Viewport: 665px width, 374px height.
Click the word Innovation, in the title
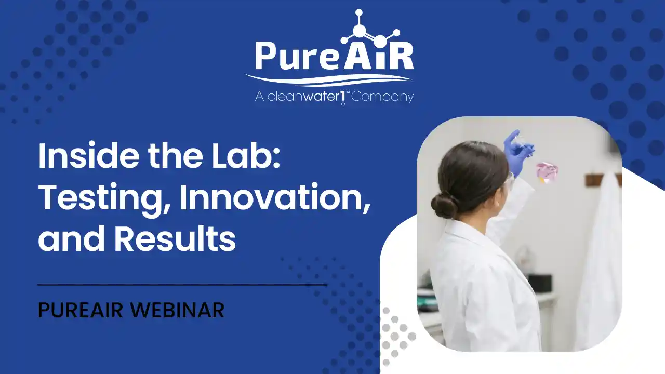275,197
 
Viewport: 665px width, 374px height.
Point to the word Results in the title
176,239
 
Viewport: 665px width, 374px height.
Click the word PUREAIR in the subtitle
81,310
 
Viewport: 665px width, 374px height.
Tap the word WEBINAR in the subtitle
177,310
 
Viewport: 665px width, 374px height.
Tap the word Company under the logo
382,97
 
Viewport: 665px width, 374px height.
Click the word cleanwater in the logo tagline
303,97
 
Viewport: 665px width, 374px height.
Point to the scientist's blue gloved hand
518,153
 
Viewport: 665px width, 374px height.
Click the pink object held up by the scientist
547,172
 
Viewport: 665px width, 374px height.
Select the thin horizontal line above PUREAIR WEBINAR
182,285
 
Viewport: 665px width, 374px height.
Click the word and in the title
72,239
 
